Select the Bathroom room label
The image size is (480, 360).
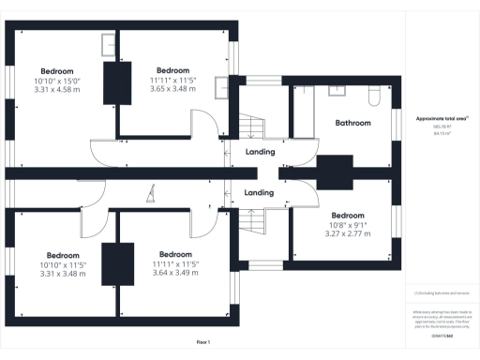[x=353, y=123]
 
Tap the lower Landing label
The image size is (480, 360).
[x=260, y=193]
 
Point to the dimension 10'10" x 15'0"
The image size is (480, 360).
[x=57, y=81]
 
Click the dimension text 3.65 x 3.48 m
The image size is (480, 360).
[x=173, y=89]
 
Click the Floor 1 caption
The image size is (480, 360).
[x=203, y=342]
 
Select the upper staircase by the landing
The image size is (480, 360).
[x=249, y=124]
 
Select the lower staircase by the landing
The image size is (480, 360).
[x=249, y=222]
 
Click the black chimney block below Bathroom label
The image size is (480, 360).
[x=332, y=173]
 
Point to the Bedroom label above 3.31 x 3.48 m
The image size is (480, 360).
[x=63, y=254]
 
